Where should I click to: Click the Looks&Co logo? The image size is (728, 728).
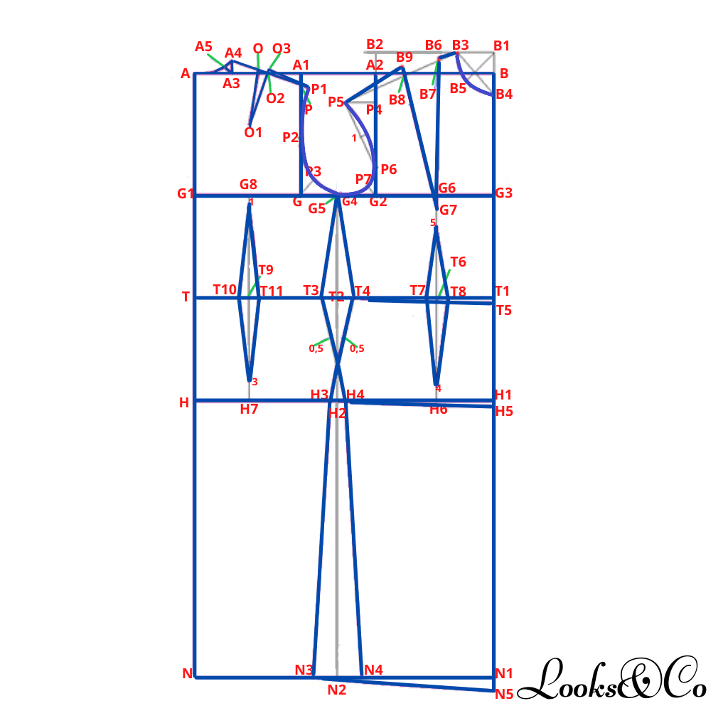612,678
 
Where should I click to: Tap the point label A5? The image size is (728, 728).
203,46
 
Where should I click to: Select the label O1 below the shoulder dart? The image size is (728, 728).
253,133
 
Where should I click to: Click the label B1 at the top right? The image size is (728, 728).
501,45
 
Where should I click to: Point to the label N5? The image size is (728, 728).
504,694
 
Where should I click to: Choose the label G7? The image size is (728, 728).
448,210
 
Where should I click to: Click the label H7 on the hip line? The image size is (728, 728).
249,409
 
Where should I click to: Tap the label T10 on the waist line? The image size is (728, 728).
225,290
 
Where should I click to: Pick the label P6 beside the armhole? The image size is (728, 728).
389,169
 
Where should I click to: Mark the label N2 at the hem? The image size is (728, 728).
336,690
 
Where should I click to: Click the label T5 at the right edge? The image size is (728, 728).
504,310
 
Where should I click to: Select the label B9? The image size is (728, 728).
405,57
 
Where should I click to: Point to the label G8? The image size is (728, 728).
248,184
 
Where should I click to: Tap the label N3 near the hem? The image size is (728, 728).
304,670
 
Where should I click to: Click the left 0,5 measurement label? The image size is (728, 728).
316,348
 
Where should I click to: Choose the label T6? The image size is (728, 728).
459,262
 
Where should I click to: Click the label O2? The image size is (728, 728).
275,98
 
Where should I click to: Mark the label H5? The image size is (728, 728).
504,412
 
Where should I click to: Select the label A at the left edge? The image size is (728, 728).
186,73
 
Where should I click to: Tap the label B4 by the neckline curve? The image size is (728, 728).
504,95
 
